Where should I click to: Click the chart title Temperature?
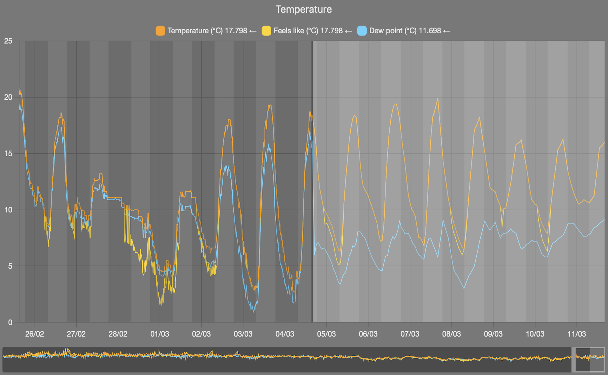tap(304, 9)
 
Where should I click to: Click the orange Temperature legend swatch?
tap(160, 31)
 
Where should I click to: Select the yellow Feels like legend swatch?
tap(266, 31)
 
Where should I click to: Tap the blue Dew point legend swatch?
tap(362, 31)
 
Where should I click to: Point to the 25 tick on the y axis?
tap(8, 41)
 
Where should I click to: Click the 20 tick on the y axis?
tap(8, 97)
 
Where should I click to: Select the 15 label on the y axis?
tap(8, 153)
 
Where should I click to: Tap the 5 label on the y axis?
tap(10, 266)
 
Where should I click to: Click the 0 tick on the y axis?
tap(10, 322)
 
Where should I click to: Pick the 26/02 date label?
tap(34, 334)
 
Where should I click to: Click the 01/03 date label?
tap(160, 334)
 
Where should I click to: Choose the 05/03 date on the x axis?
tap(326, 334)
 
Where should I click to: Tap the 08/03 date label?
tap(451, 334)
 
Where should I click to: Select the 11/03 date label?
tap(576, 334)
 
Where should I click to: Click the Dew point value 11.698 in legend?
tap(430, 31)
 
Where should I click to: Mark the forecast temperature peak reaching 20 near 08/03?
tap(438, 98)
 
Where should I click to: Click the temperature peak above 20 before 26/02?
tap(20, 88)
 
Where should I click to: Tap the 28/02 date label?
tap(118, 334)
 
